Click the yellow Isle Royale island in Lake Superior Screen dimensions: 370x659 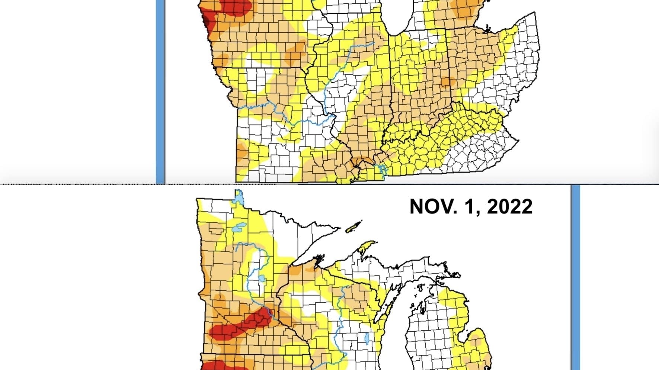[x=354, y=226]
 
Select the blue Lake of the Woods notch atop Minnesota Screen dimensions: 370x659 [x=239, y=197]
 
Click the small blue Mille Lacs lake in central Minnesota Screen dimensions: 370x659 [x=262, y=278]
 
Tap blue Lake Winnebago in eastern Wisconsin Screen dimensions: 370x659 [x=367, y=338]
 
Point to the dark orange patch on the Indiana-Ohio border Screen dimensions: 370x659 [x=446, y=82]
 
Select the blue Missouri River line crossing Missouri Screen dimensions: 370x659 [x=283, y=115]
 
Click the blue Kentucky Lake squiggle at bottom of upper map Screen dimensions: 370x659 [x=383, y=170]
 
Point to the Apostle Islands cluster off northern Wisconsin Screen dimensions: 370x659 [x=319, y=258]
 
